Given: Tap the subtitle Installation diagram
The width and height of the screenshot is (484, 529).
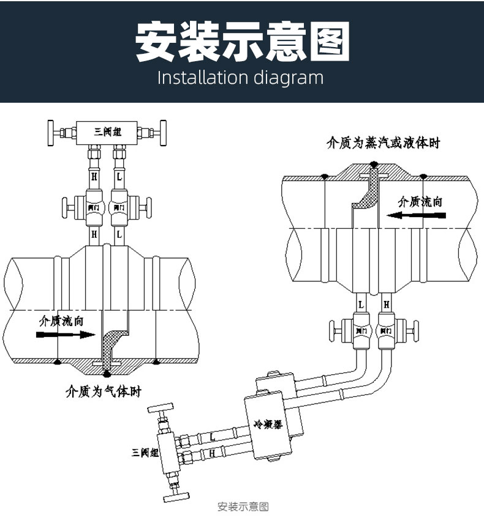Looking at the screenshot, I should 240,78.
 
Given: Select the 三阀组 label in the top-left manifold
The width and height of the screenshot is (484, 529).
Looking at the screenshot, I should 107,131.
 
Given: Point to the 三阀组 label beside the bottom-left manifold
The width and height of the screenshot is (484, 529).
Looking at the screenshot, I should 145,453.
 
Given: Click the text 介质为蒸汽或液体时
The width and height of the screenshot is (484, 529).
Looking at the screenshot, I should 383,144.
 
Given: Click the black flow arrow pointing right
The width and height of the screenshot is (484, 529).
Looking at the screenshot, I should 66,335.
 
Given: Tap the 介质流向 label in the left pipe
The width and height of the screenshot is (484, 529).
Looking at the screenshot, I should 61,320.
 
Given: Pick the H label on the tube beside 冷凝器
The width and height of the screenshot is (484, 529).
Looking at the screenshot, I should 211,453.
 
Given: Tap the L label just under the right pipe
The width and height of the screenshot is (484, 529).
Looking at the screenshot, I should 361,303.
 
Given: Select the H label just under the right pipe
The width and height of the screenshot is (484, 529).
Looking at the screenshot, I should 386,303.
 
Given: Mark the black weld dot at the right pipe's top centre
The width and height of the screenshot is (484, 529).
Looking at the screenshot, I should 374,164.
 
